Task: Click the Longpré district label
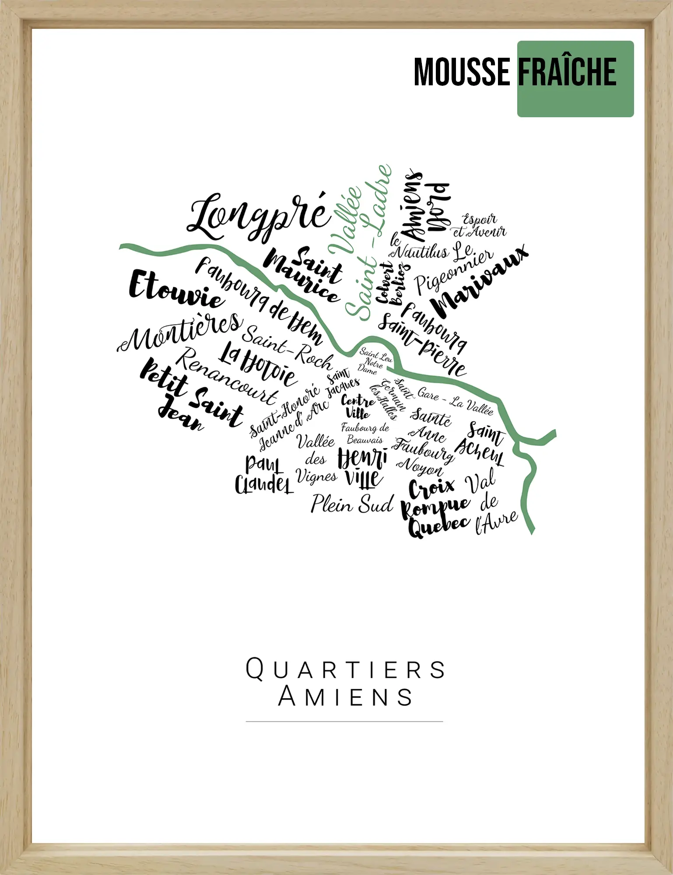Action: coord(258,217)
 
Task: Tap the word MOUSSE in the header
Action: coord(462,72)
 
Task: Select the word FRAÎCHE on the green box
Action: coord(568,72)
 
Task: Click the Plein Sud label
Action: coord(352,504)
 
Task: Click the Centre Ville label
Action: coord(358,406)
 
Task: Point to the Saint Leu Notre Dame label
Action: coord(375,361)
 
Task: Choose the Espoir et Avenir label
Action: coord(480,226)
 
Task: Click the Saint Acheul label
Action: coord(481,444)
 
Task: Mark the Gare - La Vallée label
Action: coord(455,400)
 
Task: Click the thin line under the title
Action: coord(344,721)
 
